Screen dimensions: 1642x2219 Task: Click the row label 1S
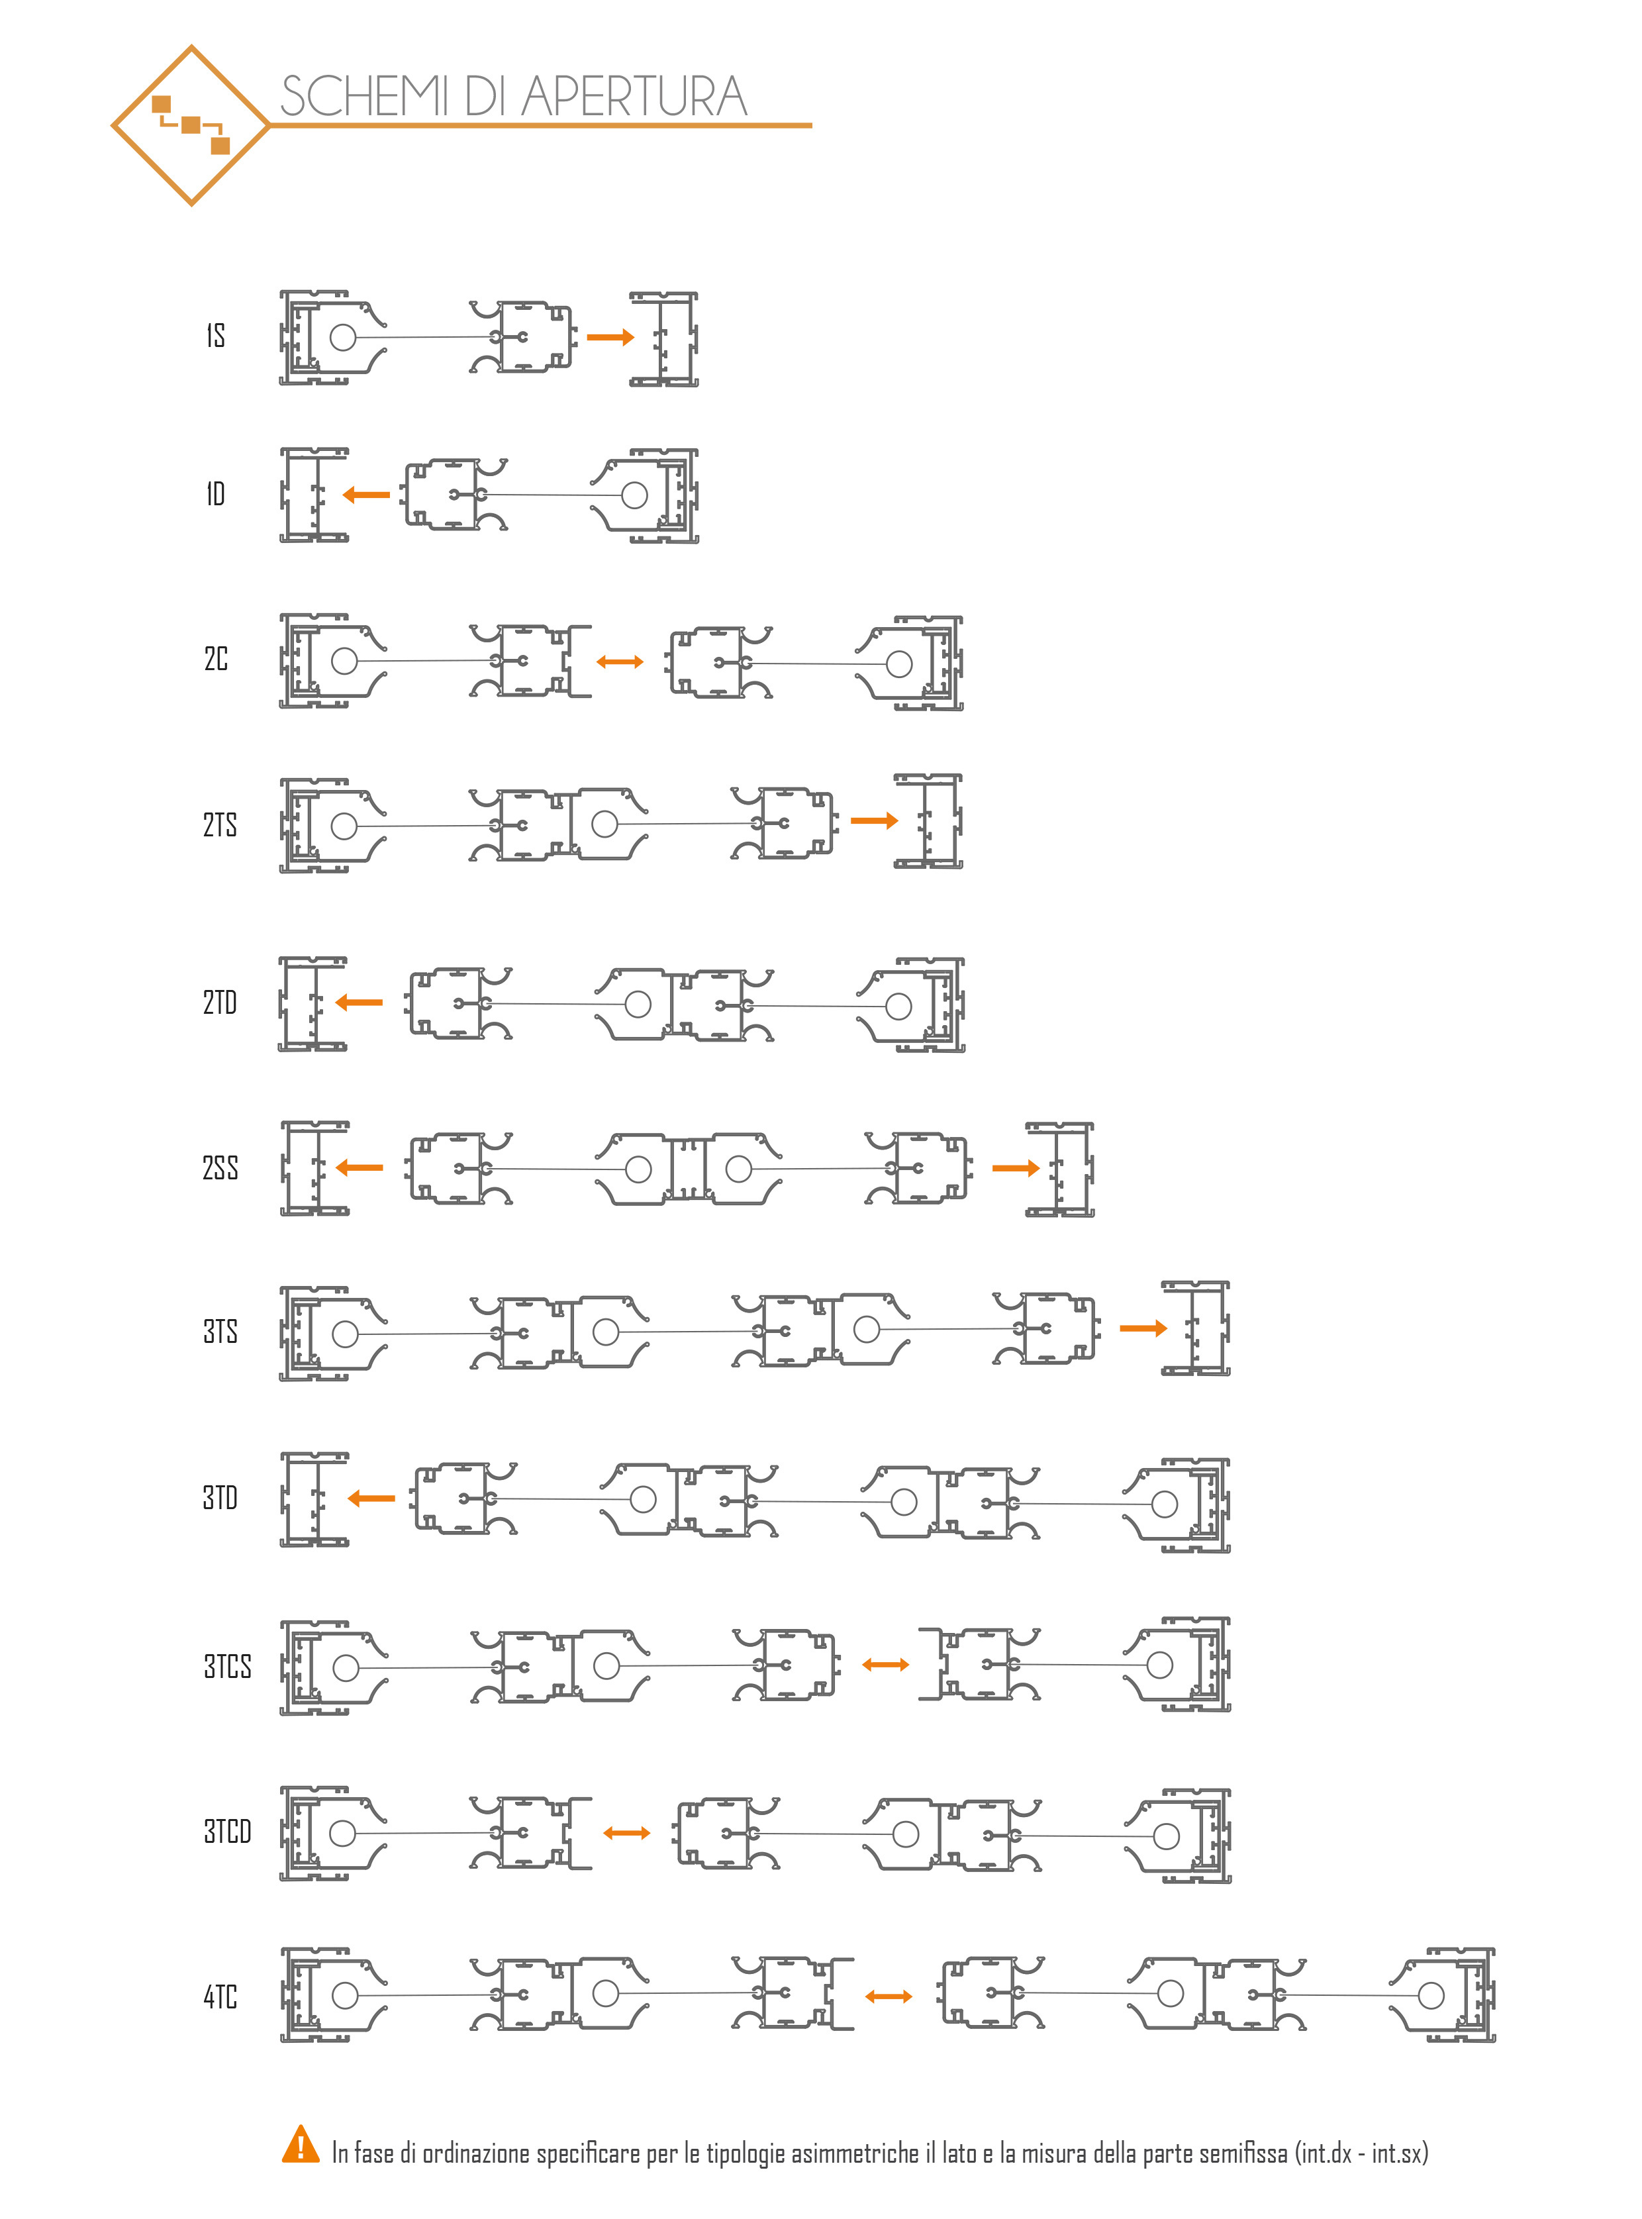(x=216, y=335)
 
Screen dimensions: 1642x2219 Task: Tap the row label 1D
(x=216, y=493)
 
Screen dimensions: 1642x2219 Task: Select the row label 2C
(x=216, y=658)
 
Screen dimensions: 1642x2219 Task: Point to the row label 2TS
(x=220, y=824)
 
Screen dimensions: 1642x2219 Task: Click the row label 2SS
(x=220, y=1167)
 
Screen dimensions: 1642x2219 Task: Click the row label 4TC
(x=220, y=1997)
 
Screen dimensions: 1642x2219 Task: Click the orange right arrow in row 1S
(x=610, y=337)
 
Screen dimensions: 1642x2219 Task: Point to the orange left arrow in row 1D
(x=365, y=494)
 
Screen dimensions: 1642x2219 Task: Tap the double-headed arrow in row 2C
(x=620, y=661)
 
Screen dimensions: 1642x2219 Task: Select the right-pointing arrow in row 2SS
(x=1016, y=1168)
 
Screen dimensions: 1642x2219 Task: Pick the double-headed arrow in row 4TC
(x=889, y=1997)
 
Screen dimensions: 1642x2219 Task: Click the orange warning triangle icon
(x=300, y=2144)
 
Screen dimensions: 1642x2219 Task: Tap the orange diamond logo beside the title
(x=190, y=125)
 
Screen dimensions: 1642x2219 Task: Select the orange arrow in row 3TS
(x=1143, y=1328)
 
